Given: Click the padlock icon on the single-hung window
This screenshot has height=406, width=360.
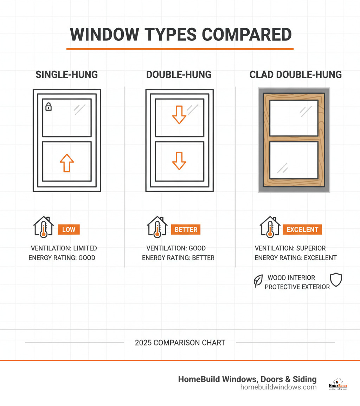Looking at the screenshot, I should click(49, 107).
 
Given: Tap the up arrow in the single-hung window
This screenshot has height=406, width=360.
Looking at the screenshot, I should click(67, 163).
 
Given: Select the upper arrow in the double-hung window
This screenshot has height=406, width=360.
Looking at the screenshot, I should click(179, 115).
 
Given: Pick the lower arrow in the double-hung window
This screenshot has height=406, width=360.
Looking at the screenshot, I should click(179, 161).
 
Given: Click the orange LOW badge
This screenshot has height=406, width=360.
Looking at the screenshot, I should click(69, 230).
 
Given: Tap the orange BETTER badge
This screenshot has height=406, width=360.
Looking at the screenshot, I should click(186, 230).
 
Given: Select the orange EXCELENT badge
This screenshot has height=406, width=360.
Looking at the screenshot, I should click(302, 230).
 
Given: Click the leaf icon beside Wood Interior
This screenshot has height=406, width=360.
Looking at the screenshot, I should click(258, 281).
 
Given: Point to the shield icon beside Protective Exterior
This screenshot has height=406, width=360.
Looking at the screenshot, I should click(336, 280).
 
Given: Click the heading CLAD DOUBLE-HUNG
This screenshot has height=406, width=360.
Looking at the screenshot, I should click(295, 75).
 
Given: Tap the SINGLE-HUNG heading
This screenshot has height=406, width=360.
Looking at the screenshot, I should click(67, 75).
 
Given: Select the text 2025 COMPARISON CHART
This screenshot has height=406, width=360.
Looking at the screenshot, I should click(180, 343).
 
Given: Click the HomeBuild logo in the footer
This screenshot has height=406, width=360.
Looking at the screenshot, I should click(338, 384).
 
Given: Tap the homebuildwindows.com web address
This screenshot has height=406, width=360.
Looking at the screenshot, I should click(278, 387).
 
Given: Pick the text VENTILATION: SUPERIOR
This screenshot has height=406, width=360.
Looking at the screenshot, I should click(290, 248).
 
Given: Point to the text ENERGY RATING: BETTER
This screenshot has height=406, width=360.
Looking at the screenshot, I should click(178, 258).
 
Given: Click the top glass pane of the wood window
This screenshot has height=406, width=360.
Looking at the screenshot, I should click(294, 118).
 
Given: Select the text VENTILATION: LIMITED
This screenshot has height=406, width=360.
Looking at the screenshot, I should click(64, 248).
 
